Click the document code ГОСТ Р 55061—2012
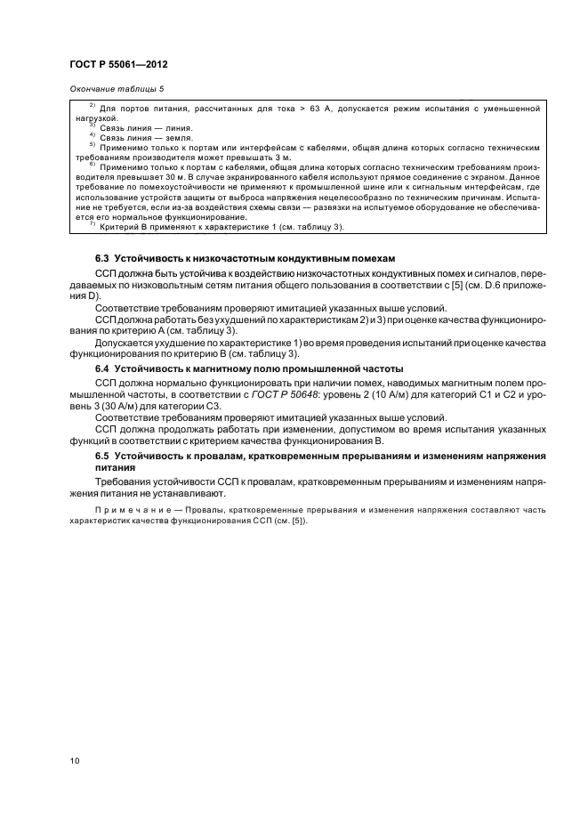118,65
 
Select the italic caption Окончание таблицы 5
116,89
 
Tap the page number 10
74,761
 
